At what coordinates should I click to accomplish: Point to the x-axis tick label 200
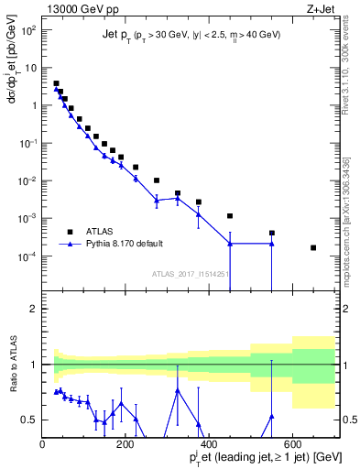click(x=126, y=444)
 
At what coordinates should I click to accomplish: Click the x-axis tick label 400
click(x=210, y=444)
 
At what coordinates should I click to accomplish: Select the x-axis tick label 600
click(x=293, y=444)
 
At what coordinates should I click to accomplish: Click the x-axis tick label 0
click(x=42, y=444)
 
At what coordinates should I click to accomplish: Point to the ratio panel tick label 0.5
click(x=27, y=420)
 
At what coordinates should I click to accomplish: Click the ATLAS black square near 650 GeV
click(x=313, y=247)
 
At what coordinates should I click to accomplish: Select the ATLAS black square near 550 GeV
click(x=272, y=233)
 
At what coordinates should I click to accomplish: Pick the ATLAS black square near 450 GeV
click(x=230, y=216)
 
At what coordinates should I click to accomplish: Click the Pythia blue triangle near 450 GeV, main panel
click(x=230, y=244)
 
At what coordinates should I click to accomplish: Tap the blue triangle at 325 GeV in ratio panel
click(x=178, y=390)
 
